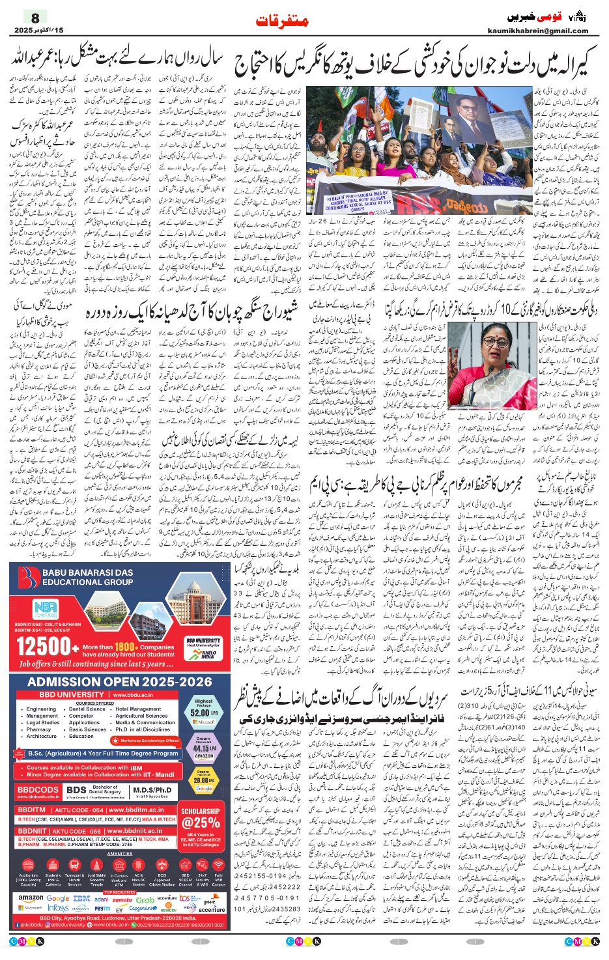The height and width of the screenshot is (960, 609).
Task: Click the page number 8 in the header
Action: (x=35, y=18)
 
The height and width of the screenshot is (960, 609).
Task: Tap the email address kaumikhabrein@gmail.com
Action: (x=537, y=31)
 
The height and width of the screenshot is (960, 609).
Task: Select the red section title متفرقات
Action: (x=281, y=21)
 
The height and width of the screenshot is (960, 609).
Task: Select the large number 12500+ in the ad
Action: (x=46, y=647)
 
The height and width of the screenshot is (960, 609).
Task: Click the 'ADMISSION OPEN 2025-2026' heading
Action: (x=120, y=682)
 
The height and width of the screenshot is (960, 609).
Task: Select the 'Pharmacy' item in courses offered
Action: (x=38, y=729)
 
